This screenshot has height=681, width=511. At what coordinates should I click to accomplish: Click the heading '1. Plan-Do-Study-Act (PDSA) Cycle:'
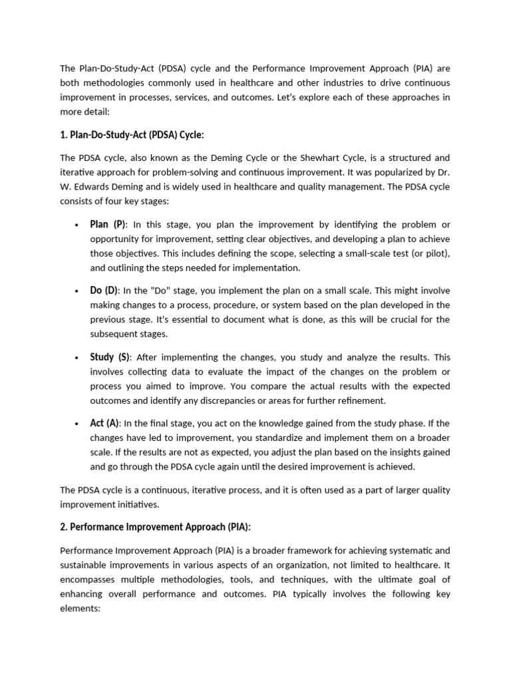pyautogui.click(x=132, y=135)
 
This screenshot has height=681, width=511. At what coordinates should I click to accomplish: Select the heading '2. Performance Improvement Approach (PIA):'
pyautogui.click(x=156, y=527)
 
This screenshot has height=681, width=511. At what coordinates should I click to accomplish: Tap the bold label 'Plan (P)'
pyautogui.click(x=108, y=224)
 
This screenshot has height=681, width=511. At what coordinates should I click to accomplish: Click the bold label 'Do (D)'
pyautogui.click(x=104, y=291)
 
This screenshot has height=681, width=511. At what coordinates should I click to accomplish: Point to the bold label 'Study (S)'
pyautogui.click(x=111, y=357)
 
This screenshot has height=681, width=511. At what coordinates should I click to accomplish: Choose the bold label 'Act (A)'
pyautogui.click(x=104, y=423)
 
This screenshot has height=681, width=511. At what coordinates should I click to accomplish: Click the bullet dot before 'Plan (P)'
pyautogui.click(x=78, y=225)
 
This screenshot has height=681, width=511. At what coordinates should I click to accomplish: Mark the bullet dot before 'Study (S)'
pyautogui.click(x=78, y=358)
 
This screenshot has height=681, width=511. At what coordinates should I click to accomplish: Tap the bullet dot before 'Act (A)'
pyautogui.click(x=78, y=424)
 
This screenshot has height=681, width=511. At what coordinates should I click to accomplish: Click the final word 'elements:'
pyautogui.click(x=80, y=608)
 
